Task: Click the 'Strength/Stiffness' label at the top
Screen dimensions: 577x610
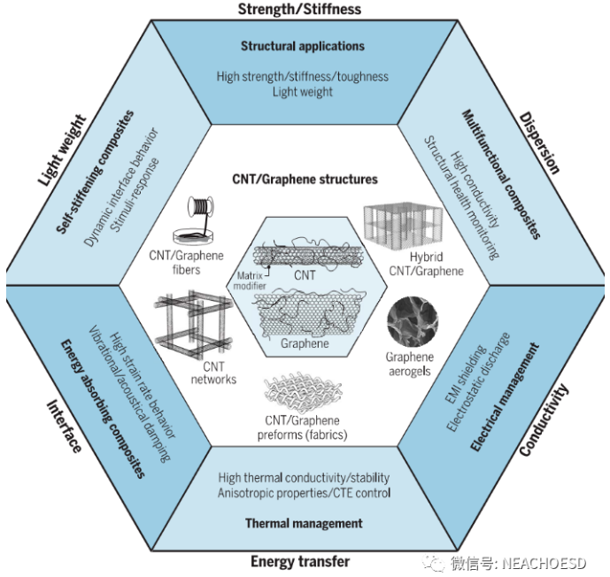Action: [x=299, y=10]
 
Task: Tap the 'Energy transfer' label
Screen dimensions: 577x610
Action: [x=300, y=561]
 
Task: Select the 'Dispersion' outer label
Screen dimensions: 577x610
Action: [x=541, y=142]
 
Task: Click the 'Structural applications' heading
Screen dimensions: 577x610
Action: [x=302, y=46]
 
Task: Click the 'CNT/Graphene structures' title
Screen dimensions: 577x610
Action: [x=304, y=179]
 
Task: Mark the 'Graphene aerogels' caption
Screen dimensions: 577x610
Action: [x=408, y=365]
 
